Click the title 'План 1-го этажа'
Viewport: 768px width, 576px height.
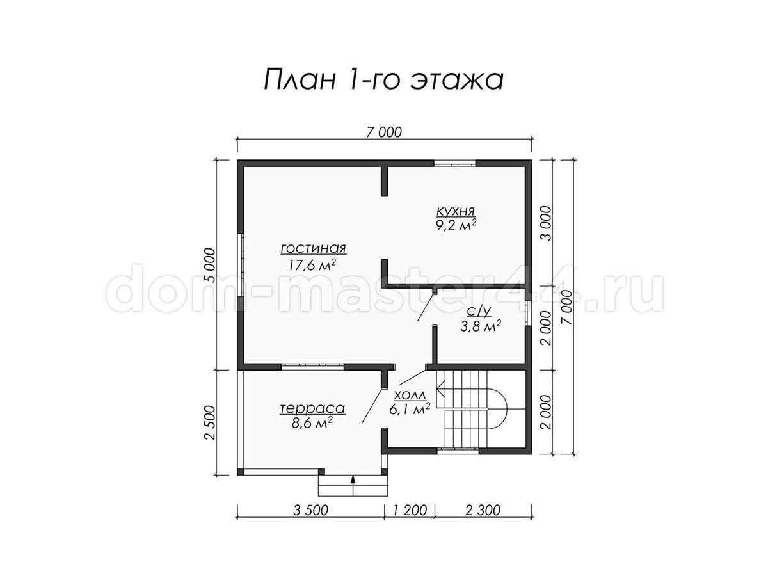tap(383, 81)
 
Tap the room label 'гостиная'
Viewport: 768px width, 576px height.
tap(314, 248)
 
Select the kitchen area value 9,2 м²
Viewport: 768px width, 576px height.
tap(456, 225)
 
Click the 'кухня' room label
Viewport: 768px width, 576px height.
tap(456, 211)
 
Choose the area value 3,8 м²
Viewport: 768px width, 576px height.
tap(481, 326)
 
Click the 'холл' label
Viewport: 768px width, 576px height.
tap(410, 396)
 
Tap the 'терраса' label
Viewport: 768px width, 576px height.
tap(312, 408)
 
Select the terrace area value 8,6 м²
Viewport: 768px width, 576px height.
tap(312, 424)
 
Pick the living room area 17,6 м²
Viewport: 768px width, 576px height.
tap(312, 265)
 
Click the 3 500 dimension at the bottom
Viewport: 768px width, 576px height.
tap(310, 510)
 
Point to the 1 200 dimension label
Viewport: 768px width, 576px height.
tap(410, 510)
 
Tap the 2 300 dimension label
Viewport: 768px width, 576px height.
tap(483, 510)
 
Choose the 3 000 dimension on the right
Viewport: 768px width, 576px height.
tap(546, 223)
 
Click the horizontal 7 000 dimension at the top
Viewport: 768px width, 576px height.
tap(384, 132)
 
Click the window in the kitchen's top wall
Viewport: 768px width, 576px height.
tap(455, 163)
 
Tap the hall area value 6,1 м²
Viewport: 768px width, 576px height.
tap(410, 408)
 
